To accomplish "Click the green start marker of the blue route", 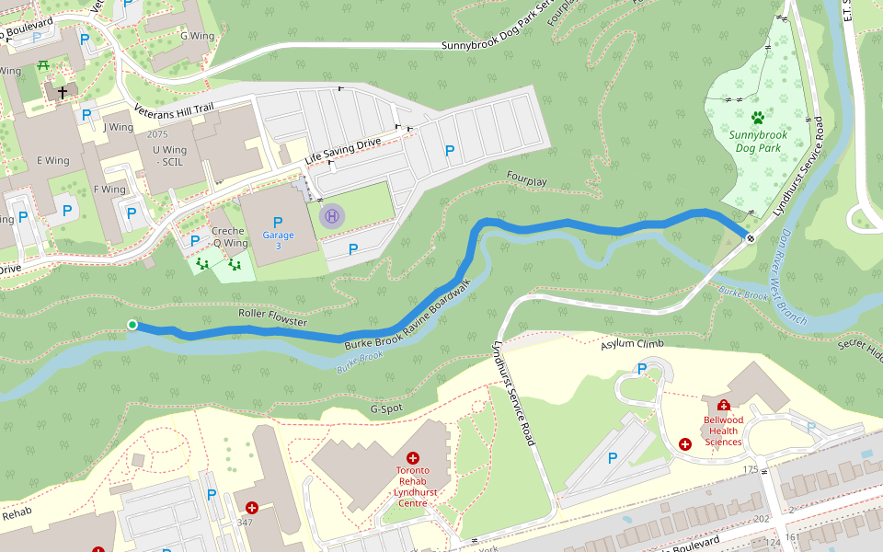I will tap(132, 325).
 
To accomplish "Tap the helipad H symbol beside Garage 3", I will tap(332, 216).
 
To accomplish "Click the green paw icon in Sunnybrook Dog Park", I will tap(757, 118).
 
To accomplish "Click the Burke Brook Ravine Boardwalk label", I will tap(408, 316).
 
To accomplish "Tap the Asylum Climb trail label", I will tap(632, 343).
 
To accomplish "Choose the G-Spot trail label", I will tap(387, 408).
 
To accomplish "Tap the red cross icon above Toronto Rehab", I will tap(412, 457).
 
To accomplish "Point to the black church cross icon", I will tap(63, 93).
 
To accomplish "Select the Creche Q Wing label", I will tap(229, 237).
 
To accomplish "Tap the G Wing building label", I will tap(196, 36).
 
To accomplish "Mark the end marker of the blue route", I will tap(751, 238).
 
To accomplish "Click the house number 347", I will tap(244, 523).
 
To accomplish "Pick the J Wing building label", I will tap(119, 127).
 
